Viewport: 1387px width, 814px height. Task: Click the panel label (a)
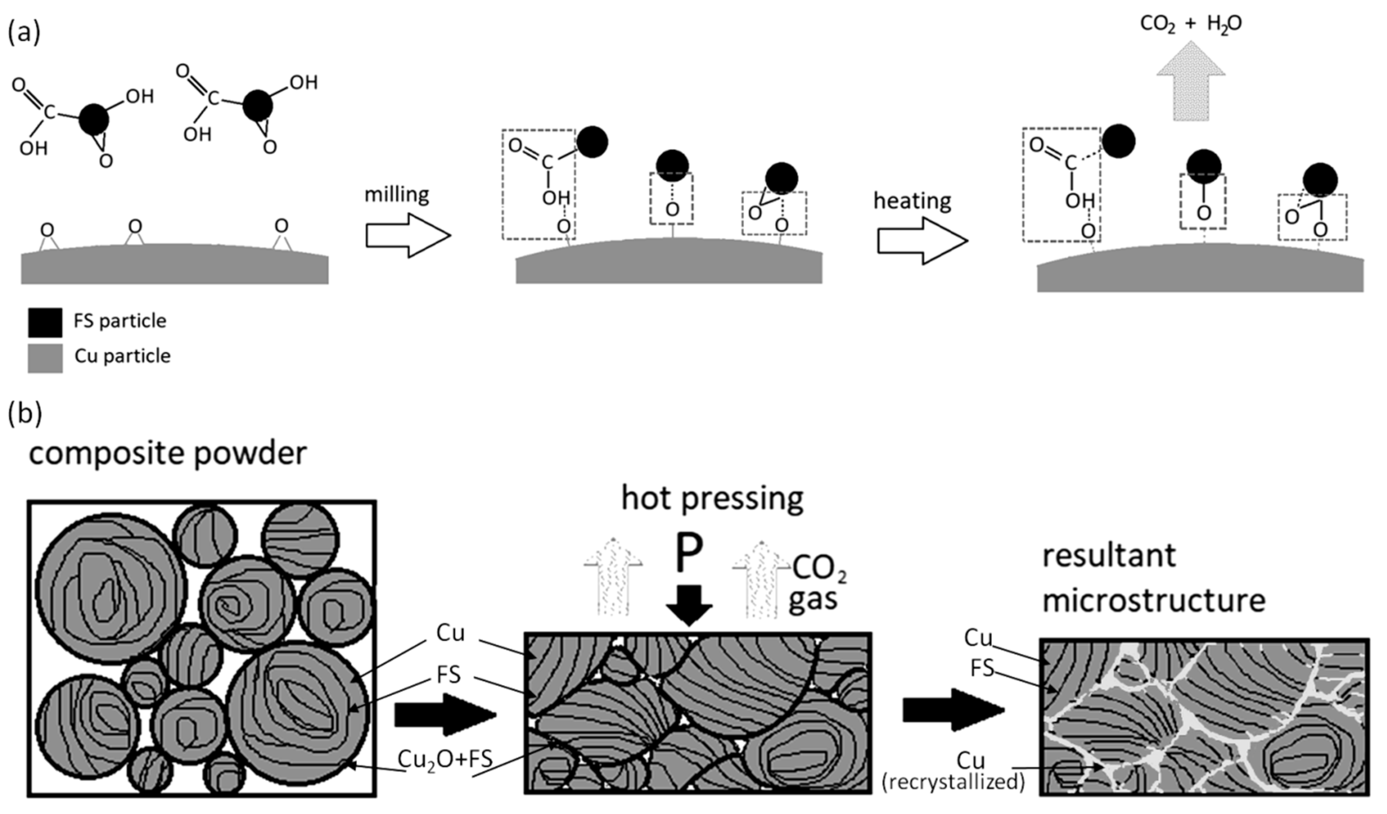tap(24, 33)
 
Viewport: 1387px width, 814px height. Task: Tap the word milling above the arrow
tap(396, 195)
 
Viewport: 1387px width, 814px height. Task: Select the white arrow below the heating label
tap(922, 241)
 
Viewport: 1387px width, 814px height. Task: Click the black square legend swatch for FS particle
tap(45, 322)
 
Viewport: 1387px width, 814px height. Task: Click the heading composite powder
tap(168, 454)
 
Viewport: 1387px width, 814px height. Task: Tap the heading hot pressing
tap(712, 499)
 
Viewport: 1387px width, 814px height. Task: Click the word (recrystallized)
tap(953, 782)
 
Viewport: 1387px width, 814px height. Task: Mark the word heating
tap(912, 201)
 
